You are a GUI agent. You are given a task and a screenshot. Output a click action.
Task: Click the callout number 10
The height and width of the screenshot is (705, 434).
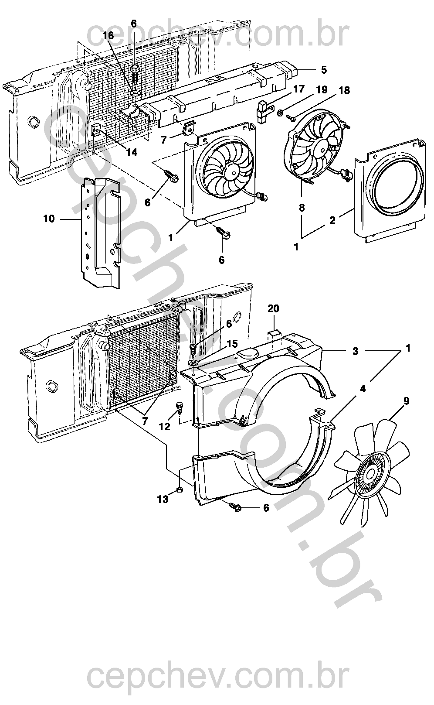coord(49,219)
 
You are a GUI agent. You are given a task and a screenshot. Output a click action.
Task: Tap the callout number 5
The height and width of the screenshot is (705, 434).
coord(324,70)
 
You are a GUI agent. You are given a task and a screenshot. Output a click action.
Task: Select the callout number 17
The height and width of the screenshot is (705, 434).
coord(298,89)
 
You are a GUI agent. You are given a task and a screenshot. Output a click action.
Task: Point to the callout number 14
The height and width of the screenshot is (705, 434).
coord(132,153)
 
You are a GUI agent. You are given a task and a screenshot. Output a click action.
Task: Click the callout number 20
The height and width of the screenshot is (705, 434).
coord(273,309)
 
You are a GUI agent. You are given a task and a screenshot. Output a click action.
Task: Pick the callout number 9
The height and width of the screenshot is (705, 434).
coord(406,401)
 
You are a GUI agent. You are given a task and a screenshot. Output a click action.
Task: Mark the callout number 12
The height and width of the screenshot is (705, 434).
coord(164,426)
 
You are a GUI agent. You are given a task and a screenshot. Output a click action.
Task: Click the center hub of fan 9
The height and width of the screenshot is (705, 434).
coord(370,473)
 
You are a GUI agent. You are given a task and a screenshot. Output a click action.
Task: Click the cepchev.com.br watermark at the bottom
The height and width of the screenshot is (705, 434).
coord(218,676)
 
